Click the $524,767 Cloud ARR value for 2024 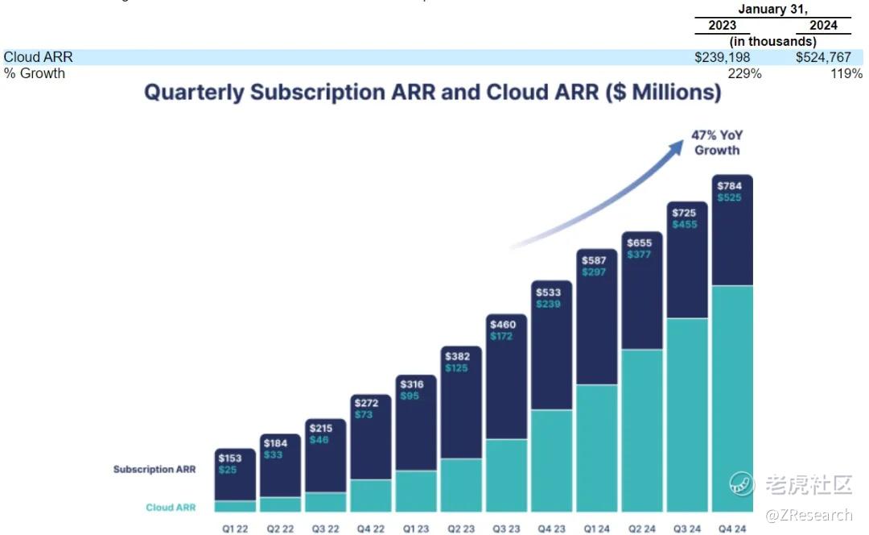[x=823, y=57]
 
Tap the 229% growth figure [x=744, y=73]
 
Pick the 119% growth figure [x=846, y=73]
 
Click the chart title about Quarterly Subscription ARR [x=433, y=92]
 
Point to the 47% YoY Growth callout [x=717, y=143]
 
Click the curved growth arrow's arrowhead [x=675, y=144]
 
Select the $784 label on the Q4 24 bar [x=730, y=186]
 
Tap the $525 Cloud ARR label [x=730, y=197]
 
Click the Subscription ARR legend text [x=154, y=469]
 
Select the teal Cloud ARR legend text [x=171, y=508]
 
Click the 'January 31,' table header [x=772, y=10]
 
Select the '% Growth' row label [x=35, y=73]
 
